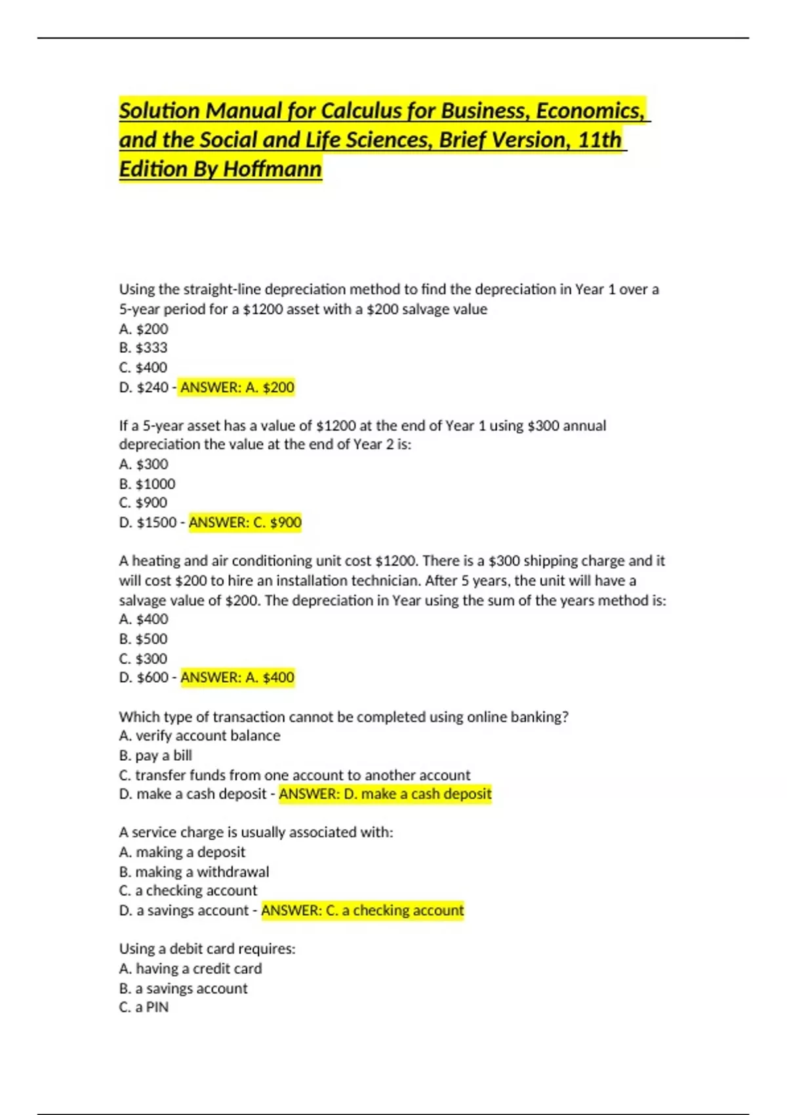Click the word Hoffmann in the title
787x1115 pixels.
point(272,169)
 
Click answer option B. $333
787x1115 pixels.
point(144,348)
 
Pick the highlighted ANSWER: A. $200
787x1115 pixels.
point(237,388)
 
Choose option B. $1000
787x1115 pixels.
point(148,484)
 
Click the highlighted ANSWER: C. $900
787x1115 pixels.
point(245,523)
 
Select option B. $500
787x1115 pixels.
point(144,639)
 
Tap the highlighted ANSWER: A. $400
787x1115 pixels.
point(237,678)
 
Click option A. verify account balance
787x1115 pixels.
point(199,736)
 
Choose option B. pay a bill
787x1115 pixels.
point(155,756)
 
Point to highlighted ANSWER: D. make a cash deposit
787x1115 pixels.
point(385,794)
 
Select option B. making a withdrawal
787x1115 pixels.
point(194,872)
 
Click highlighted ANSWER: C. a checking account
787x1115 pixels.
point(362,910)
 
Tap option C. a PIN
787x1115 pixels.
point(144,1007)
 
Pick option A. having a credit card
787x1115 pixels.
point(190,969)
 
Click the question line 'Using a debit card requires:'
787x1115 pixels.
point(207,949)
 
